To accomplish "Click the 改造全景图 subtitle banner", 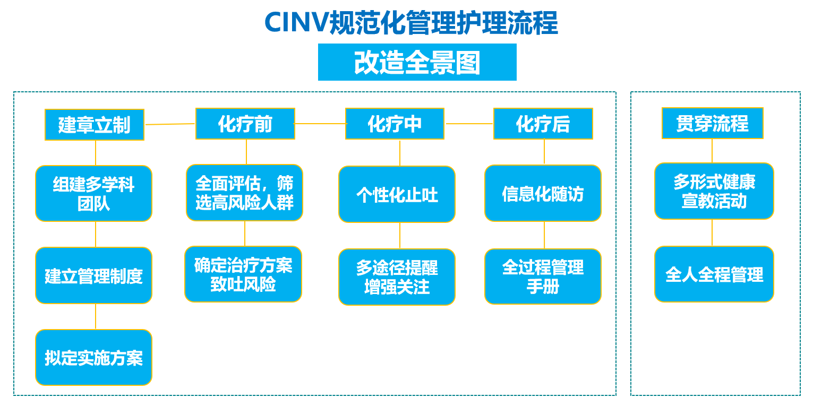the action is (417, 62).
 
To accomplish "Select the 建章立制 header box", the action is (95, 124).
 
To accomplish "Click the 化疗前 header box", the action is (245, 123).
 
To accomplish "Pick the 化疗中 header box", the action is (395, 123).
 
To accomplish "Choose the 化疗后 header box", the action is (543, 123).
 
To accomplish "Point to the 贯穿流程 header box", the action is (713, 123).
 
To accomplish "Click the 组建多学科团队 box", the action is (93, 193).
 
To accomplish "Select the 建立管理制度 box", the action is (93, 275).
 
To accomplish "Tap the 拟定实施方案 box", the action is (93, 357).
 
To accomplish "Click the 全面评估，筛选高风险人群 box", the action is (244, 193).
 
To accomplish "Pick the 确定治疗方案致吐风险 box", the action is (243, 274).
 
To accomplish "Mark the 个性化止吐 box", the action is (397, 194).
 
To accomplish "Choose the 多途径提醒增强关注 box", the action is (397, 277).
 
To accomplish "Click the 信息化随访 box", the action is (543, 193).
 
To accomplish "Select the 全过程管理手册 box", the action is (543, 277).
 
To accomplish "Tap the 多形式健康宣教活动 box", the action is (714, 191).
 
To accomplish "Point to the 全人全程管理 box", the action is (714, 274).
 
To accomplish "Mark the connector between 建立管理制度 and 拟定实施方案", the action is (96, 316).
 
